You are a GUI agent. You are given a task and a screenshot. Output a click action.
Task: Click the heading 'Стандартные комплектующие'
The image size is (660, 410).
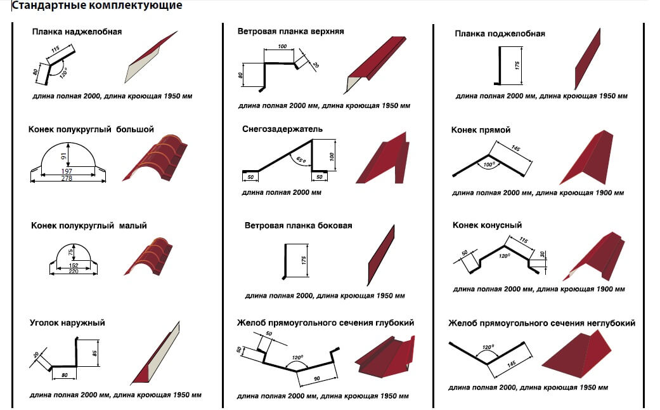(x=97, y=6)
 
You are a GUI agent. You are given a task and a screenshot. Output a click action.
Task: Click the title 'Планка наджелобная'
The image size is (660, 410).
(x=77, y=32)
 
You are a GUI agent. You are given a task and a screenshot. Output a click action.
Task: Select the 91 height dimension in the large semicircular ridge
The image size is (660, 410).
(x=63, y=156)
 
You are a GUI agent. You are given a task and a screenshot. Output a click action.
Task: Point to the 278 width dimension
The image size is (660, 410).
(x=67, y=178)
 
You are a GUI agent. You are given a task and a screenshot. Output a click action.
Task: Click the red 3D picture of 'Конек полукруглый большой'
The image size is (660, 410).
(x=155, y=157)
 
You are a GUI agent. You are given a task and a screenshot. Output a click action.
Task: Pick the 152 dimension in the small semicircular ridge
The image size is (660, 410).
(x=74, y=265)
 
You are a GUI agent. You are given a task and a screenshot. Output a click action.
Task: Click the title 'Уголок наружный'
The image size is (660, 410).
(x=67, y=323)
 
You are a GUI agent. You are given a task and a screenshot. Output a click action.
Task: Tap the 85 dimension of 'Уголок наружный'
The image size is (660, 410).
(x=95, y=353)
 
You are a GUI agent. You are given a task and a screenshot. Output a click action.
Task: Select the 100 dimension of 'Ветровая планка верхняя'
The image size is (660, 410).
(x=282, y=46)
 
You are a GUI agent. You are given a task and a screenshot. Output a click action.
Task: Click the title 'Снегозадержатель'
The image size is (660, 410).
(x=282, y=129)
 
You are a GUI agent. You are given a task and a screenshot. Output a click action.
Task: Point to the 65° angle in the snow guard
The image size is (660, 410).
(x=301, y=160)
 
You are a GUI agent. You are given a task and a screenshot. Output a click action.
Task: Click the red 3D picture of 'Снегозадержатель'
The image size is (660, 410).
(x=383, y=158)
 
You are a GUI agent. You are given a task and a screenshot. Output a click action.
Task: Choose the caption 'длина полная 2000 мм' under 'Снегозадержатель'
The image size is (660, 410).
(x=281, y=192)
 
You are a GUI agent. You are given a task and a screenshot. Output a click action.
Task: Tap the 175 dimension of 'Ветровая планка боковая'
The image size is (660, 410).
(x=304, y=260)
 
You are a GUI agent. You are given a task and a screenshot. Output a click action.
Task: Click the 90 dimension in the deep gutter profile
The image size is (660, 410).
(x=317, y=379)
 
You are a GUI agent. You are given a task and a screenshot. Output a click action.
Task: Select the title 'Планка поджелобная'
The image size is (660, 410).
(x=500, y=34)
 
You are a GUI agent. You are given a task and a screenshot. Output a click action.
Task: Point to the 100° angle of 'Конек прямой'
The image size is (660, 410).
(x=489, y=164)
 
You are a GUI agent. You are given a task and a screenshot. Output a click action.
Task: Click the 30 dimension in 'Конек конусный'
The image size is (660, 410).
(x=543, y=254)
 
